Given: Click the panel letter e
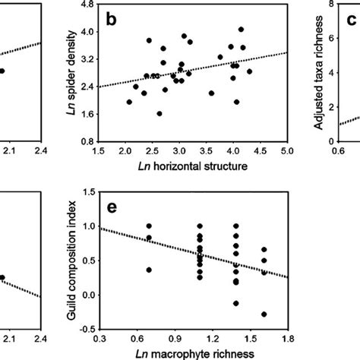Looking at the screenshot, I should click(112, 209).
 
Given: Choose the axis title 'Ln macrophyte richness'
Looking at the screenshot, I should click(192, 352).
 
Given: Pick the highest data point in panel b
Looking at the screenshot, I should click(241, 29).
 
